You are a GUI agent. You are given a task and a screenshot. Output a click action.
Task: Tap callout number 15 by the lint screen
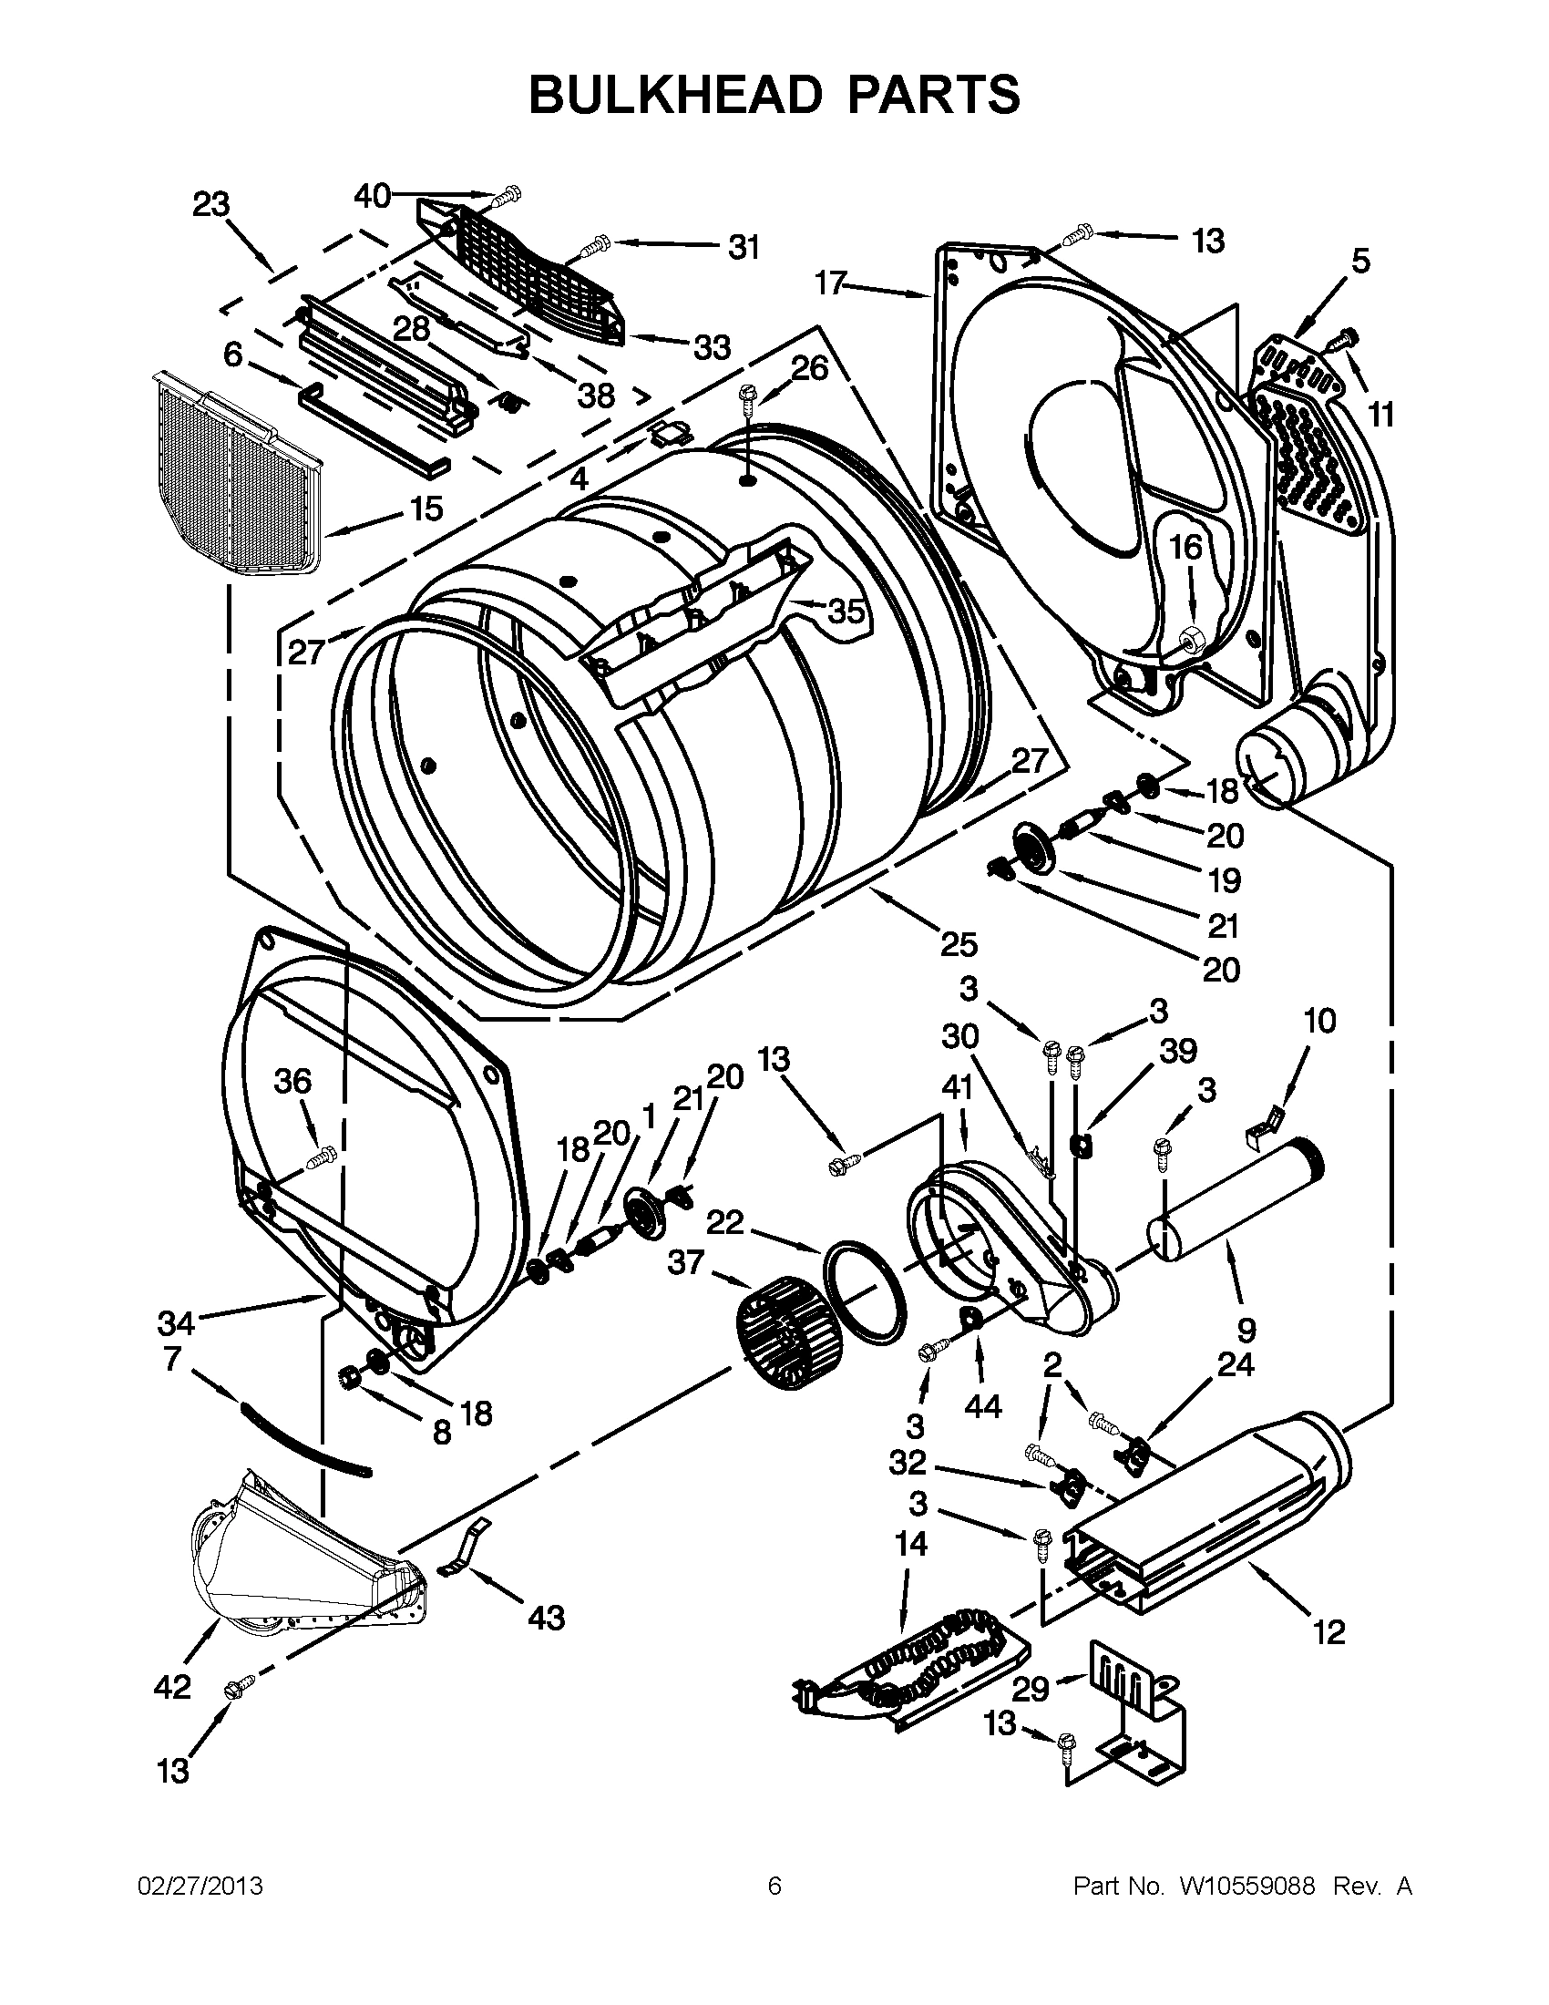(426, 508)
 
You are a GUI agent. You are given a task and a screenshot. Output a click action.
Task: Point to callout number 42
(171, 1685)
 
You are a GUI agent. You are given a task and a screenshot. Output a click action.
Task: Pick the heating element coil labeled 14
(918, 1661)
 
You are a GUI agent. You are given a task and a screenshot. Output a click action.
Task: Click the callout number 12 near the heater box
(1328, 1631)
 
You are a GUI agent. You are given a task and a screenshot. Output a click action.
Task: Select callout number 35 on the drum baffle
(846, 611)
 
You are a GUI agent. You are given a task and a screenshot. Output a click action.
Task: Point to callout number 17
(829, 284)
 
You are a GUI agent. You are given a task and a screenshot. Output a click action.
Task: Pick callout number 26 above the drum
(809, 368)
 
